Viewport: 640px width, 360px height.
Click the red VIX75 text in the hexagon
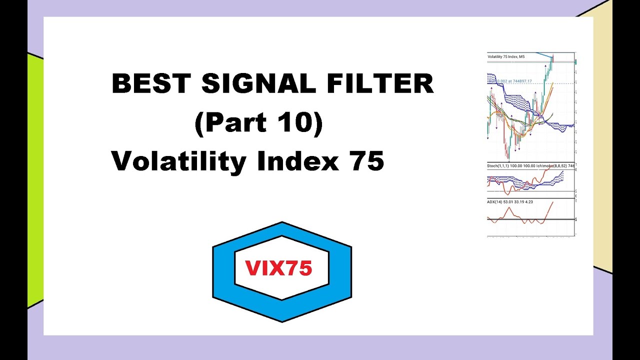(x=279, y=268)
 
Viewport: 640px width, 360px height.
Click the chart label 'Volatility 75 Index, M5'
(x=506, y=57)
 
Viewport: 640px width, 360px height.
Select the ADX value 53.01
(x=509, y=202)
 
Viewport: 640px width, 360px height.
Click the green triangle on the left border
(x=34, y=180)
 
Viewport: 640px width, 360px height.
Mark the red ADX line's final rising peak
(x=552, y=202)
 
